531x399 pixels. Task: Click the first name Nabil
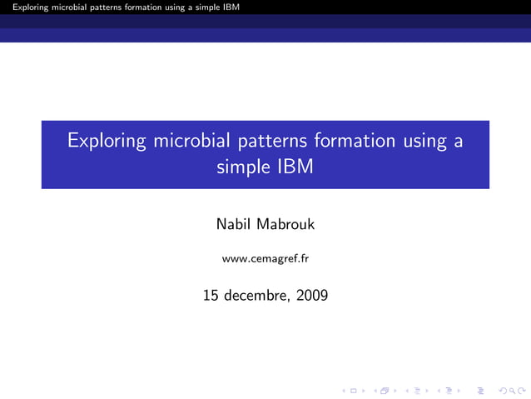(236, 224)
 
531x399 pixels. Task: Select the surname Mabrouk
(286, 224)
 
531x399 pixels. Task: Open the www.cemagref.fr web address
(265, 259)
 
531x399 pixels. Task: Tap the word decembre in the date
(258, 295)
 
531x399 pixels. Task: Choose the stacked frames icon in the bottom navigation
(384, 388)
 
